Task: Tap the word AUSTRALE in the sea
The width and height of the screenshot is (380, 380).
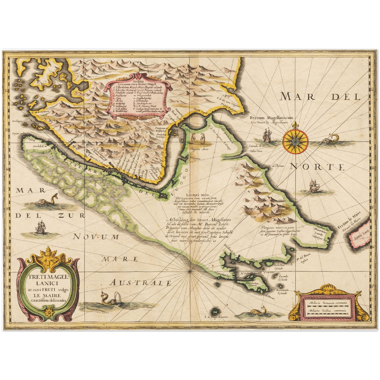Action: [140, 283]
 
